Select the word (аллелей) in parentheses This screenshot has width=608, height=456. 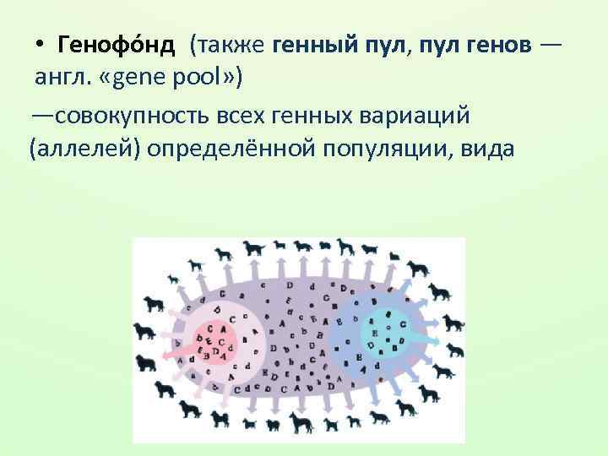84,149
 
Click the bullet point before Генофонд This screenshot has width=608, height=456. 40,44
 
